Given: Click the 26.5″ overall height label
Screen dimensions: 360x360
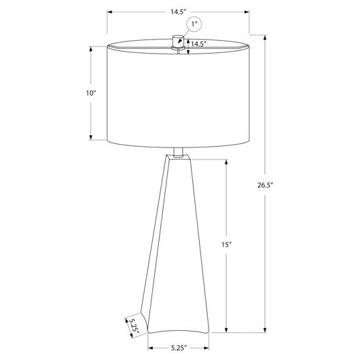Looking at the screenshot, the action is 265,185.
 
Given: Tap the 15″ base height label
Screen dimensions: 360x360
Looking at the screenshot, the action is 226,245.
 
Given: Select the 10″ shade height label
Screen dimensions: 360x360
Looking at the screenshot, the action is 91,93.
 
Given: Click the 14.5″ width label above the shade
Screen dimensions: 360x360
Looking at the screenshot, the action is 178,12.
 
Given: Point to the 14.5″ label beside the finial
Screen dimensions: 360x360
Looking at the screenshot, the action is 199,44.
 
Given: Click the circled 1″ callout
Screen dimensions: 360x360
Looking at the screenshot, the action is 194,24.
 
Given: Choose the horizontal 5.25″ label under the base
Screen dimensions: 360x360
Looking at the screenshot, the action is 178,348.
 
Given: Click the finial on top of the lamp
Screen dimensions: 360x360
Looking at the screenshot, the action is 178,42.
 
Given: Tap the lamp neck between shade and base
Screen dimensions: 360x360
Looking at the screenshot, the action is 178,152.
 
